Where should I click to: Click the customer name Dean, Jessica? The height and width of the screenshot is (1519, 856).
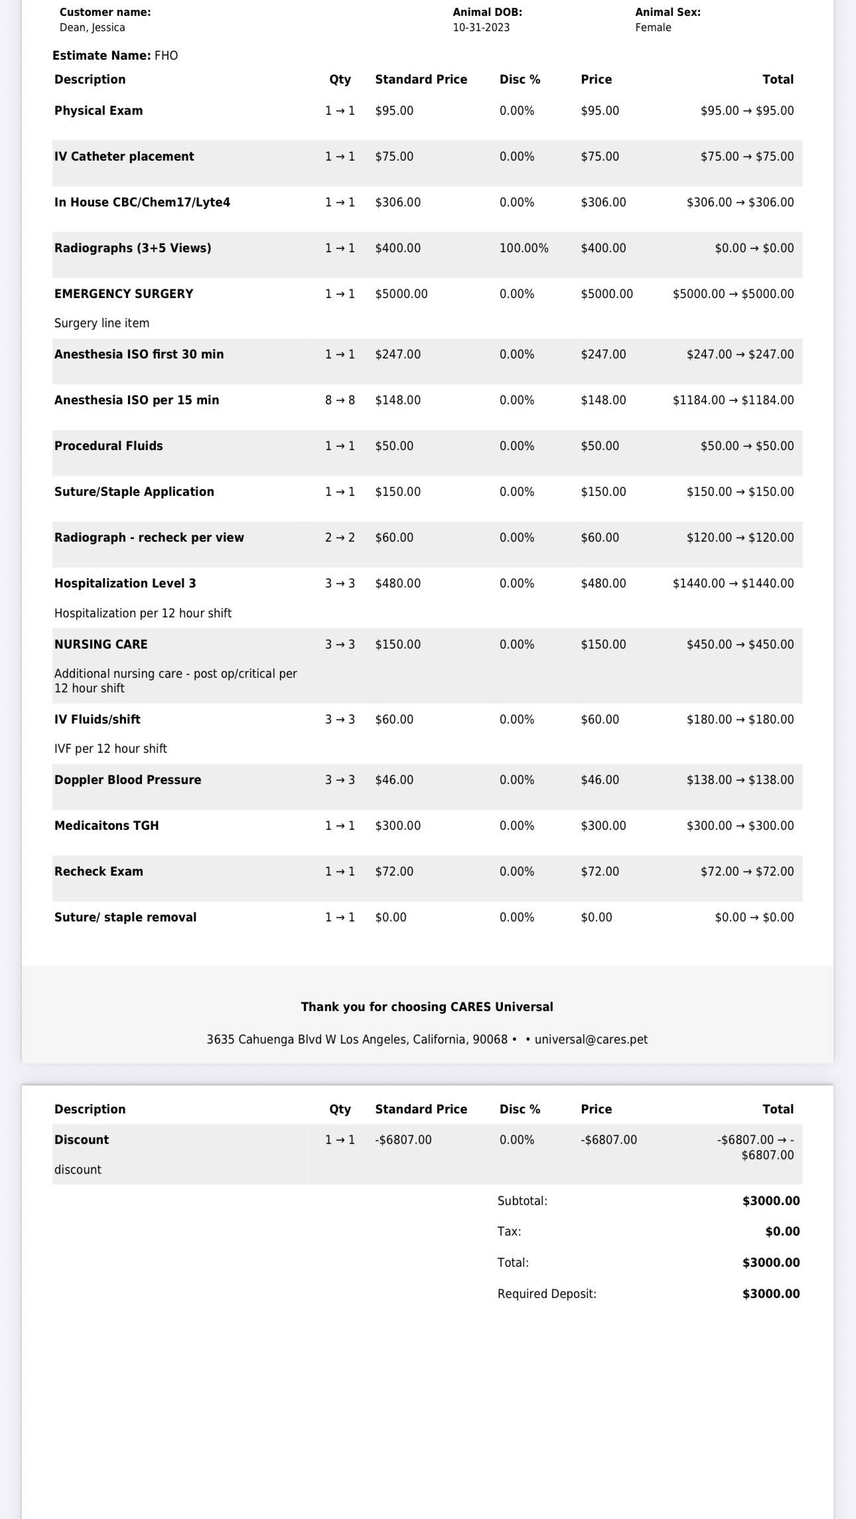(x=92, y=27)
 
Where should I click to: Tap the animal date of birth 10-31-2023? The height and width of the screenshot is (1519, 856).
(x=481, y=27)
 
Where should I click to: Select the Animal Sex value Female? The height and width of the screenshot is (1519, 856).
(x=653, y=27)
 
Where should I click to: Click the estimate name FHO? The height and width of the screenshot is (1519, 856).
(x=166, y=56)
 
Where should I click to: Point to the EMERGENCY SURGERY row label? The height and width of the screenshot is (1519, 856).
(x=123, y=293)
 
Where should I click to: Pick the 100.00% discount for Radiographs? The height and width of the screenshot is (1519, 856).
(x=524, y=248)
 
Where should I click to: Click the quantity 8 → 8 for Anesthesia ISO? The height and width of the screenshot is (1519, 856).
(x=340, y=400)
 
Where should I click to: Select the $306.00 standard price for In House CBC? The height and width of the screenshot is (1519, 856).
(x=397, y=202)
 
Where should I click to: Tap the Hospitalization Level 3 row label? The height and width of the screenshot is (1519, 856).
(x=125, y=584)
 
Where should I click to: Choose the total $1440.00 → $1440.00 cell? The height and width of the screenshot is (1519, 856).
(x=733, y=584)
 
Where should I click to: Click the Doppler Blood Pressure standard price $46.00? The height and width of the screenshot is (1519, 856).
(x=394, y=780)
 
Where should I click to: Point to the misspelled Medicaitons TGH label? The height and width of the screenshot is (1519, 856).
(x=106, y=826)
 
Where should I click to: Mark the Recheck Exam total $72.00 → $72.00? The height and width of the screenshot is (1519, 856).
(x=747, y=872)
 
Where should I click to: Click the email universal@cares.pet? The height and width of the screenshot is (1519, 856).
(x=591, y=1040)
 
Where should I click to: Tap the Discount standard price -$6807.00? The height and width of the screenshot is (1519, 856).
(x=403, y=1140)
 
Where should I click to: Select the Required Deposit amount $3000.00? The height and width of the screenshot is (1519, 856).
(x=770, y=1294)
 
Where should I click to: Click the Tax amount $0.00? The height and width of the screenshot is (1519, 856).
(x=782, y=1232)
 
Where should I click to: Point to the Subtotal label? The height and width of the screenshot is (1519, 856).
(x=522, y=1201)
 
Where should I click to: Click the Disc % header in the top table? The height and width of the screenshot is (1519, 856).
(x=520, y=80)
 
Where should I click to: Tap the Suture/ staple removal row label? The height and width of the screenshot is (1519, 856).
(x=125, y=918)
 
